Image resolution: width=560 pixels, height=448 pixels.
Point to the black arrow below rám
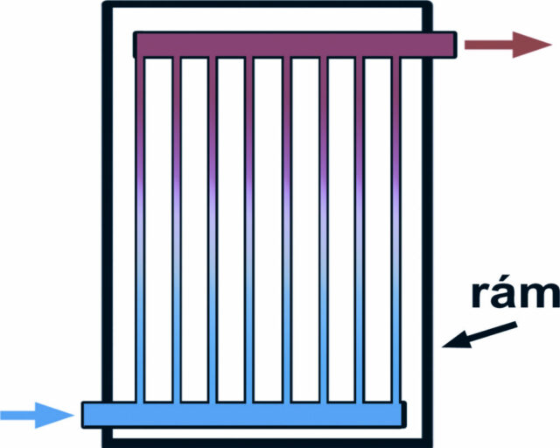click(x=479, y=335)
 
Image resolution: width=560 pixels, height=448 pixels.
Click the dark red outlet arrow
click(x=507, y=45)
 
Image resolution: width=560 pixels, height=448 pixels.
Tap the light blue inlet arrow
click(x=37, y=415)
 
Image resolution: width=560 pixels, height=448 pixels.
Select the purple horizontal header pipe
click(x=295, y=45)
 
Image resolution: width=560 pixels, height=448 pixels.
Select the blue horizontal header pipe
click(x=244, y=415)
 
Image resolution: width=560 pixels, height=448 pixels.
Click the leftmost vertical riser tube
click(x=140, y=229)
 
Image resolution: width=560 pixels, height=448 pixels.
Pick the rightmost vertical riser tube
click(x=395, y=229)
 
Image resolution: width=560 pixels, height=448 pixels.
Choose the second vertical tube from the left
click(x=177, y=229)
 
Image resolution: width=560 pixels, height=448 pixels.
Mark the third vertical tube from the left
click(x=213, y=229)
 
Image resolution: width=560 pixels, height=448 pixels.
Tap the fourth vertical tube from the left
click(x=249, y=229)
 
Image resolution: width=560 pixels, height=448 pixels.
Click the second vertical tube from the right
click(x=360, y=229)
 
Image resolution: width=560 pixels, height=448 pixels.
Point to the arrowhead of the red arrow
click(x=532, y=45)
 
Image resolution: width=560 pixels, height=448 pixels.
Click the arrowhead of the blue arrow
click(x=54, y=415)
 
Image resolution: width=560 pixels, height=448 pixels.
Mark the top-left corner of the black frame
click(x=105, y=4)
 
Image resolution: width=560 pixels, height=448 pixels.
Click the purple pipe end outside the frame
click(x=444, y=45)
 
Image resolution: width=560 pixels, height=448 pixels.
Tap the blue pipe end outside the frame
click(x=92, y=415)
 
